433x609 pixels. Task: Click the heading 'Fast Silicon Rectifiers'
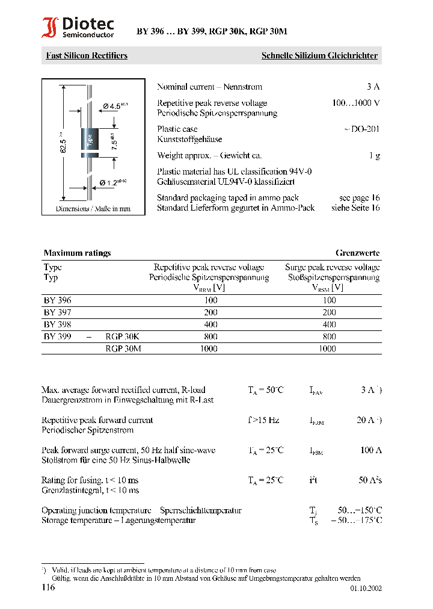coord(87,55)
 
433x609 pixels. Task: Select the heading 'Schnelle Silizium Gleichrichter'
coord(319,55)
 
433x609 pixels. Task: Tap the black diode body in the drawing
coord(90,143)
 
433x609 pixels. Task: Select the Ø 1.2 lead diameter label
coord(113,182)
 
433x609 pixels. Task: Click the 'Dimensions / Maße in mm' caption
coord(93,209)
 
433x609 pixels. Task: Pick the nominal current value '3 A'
coord(373,87)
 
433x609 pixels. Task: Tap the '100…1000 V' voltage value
coord(355,103)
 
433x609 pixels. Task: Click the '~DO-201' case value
coord(361,129)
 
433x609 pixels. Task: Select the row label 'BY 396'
coord(57,300)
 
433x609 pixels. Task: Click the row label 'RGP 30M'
coord(123,348)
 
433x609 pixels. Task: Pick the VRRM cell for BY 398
coord(210,324)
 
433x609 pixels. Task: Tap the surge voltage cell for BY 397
coord(329,312)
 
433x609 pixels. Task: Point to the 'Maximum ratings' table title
coord(77,253)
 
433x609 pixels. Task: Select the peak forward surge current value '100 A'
coord(371,450)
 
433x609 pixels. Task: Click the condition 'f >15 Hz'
coord(263,420)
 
